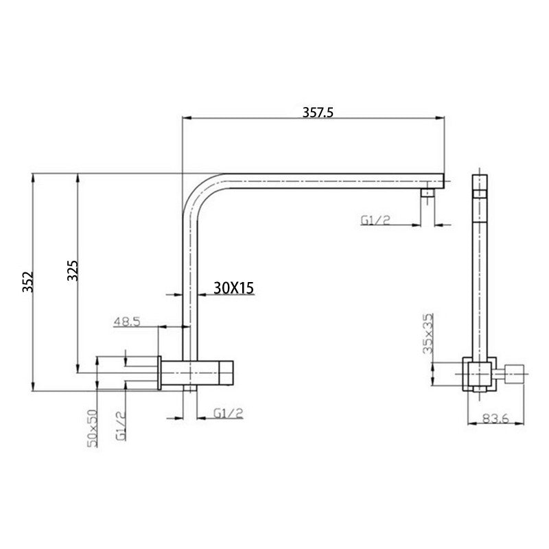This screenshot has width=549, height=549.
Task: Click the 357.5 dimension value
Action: click(317, 112)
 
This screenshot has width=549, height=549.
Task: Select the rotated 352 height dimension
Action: click(28, 283)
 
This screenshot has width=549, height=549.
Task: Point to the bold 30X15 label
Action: click(233, 289)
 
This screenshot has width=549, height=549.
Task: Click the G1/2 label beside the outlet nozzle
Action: click(375, 220)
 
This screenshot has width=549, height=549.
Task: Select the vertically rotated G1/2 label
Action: click(120, 425)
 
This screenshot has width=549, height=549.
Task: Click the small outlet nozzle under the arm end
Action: click(428, 195)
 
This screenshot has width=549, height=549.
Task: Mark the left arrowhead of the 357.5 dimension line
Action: click(184, 118)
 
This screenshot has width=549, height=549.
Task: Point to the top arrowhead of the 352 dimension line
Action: click(32, 176)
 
